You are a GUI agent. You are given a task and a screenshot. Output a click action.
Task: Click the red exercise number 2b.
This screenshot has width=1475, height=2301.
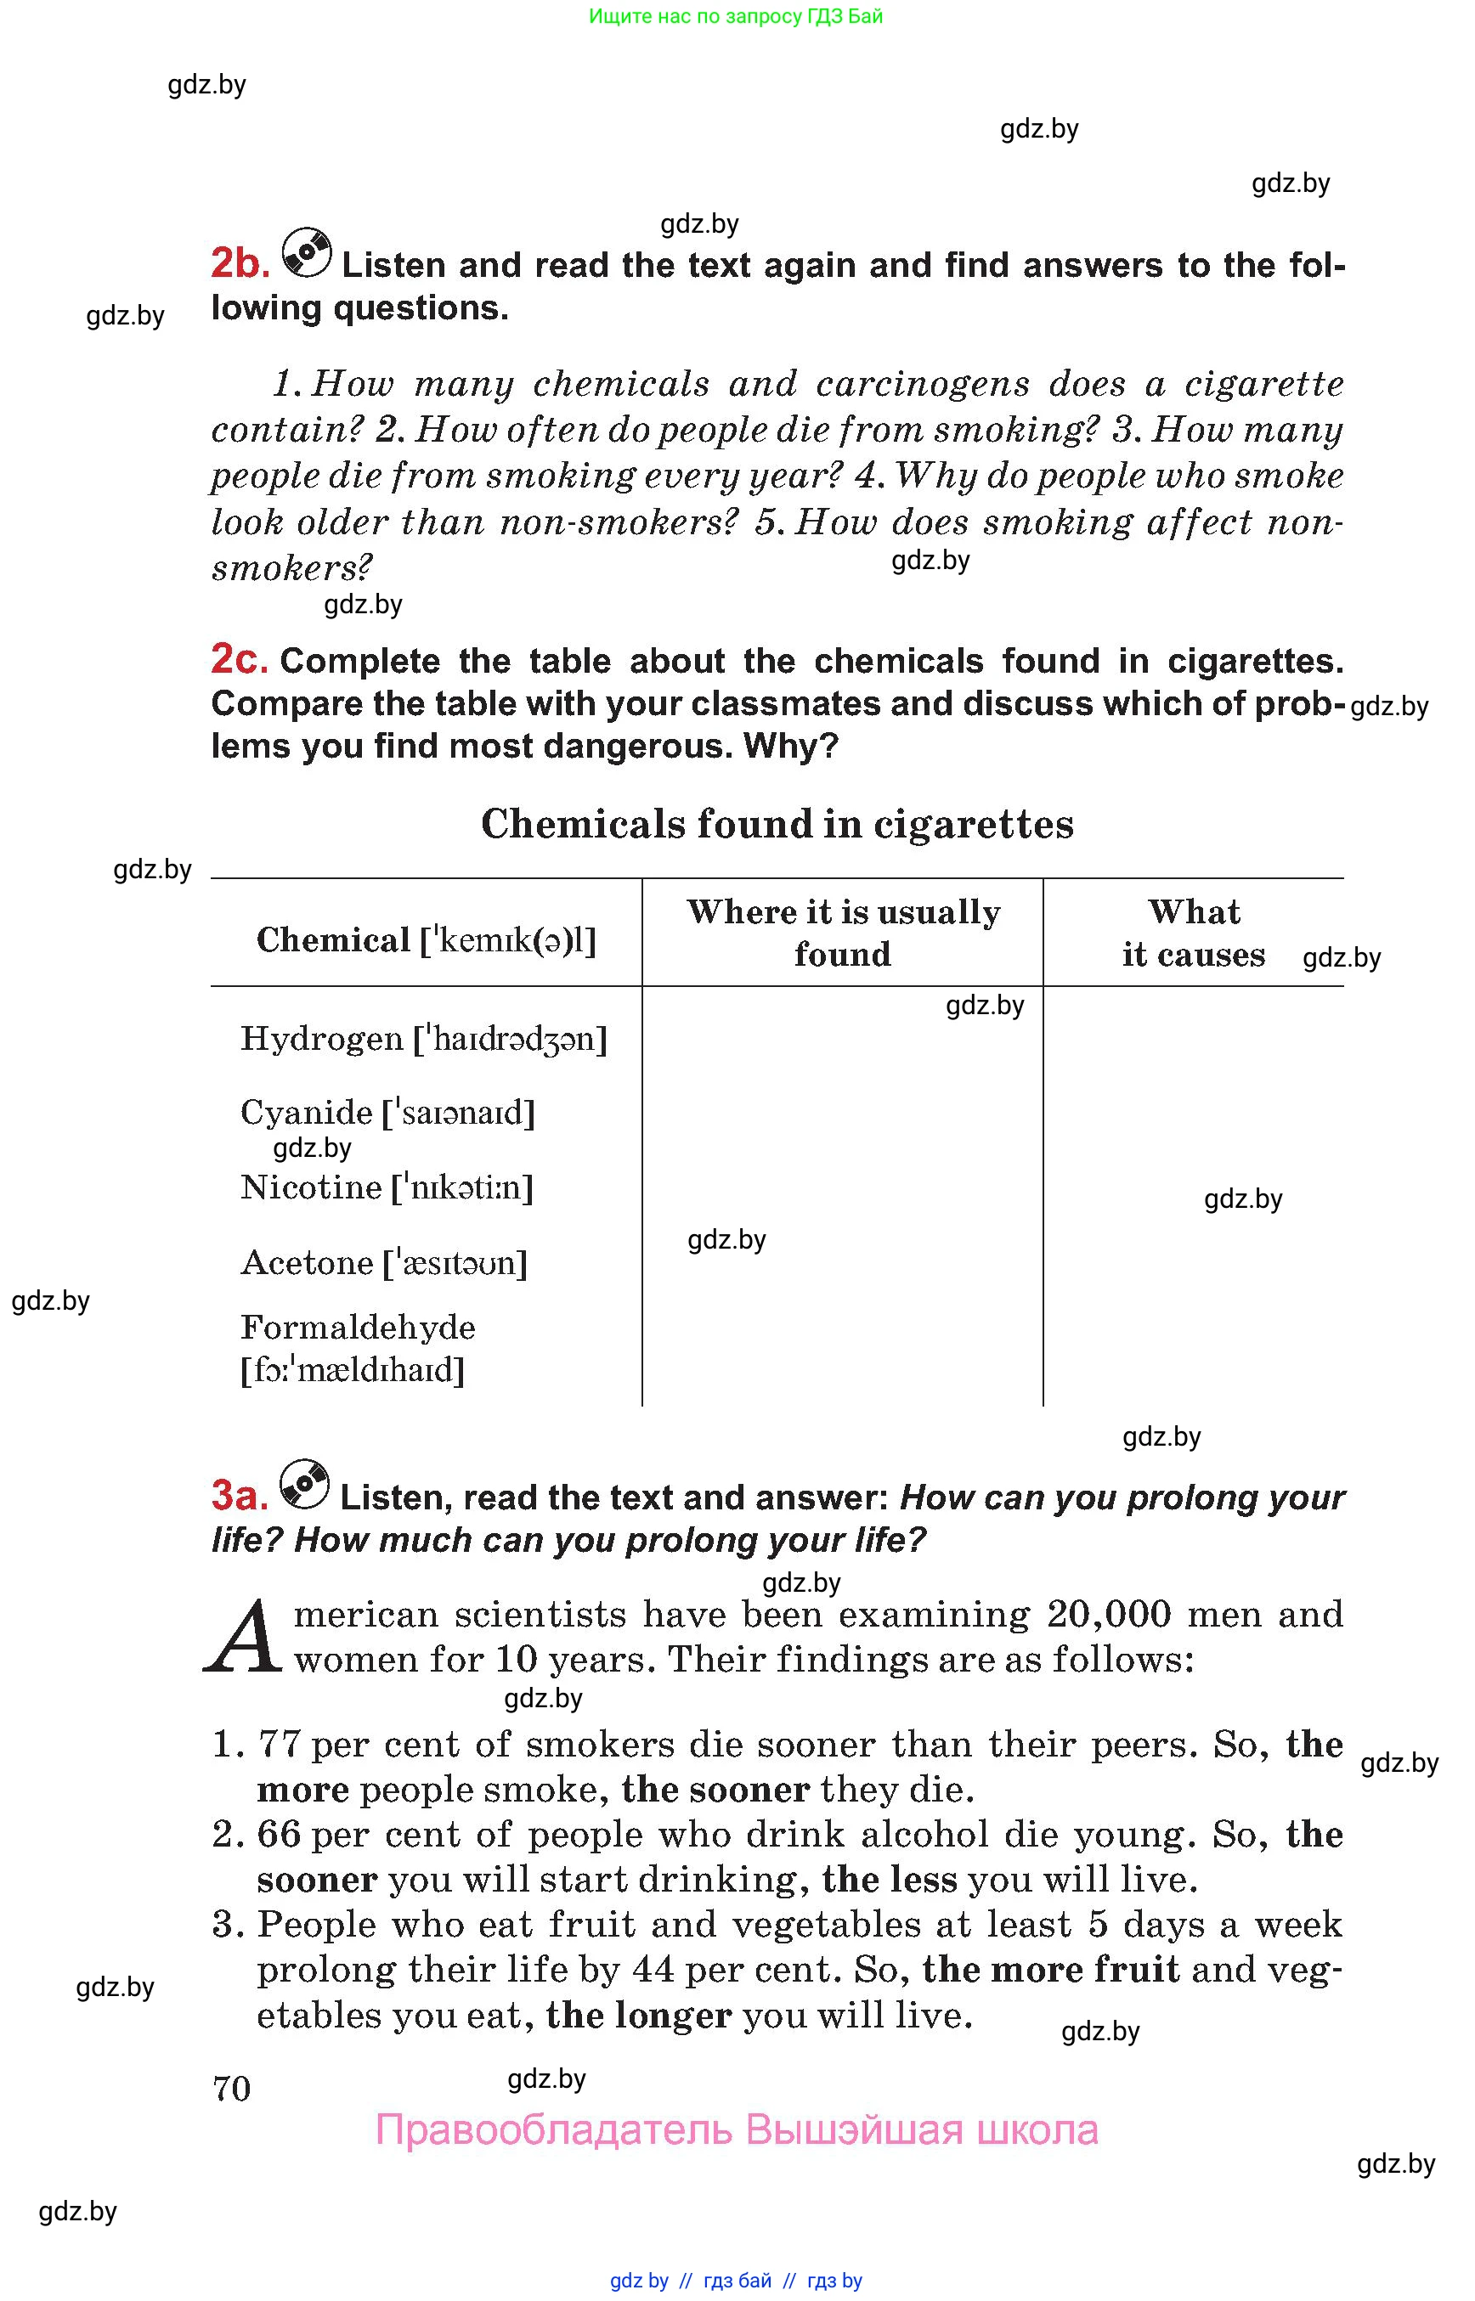[240, 263]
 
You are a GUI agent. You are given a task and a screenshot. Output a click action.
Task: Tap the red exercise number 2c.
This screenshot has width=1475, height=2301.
[239, 660]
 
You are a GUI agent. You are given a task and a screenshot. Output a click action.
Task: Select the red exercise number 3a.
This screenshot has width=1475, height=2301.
[239, 1495]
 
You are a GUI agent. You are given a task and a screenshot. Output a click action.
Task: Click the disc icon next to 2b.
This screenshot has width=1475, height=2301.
[307, 254]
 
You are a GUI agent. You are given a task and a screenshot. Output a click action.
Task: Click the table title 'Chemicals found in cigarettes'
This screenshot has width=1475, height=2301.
[777, 825]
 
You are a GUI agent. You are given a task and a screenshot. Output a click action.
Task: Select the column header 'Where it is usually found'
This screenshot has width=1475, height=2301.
[843, 933]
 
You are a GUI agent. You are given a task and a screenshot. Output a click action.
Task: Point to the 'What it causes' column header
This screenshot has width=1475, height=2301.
[1194, 933]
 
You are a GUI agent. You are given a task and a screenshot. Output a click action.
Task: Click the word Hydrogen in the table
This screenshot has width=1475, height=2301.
[322, 1039]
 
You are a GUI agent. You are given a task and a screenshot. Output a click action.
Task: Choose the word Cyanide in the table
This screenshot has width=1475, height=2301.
[307, 1113]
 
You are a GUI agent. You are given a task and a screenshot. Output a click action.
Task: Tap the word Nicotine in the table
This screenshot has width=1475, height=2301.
[311, 1187]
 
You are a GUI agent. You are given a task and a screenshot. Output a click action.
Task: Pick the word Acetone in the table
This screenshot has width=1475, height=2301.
[308, 1263]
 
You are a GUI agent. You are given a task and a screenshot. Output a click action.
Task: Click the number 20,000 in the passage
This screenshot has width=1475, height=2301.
[1108, 1616]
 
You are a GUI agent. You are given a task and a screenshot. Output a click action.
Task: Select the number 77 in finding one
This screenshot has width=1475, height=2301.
[280, 1745]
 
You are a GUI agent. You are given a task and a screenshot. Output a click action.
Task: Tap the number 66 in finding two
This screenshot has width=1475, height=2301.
[280, 1835]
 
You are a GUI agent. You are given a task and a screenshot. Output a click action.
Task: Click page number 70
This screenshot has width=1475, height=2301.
[232, 2089]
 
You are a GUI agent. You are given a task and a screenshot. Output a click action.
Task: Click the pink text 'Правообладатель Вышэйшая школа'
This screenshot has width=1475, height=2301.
[737, 2130]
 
